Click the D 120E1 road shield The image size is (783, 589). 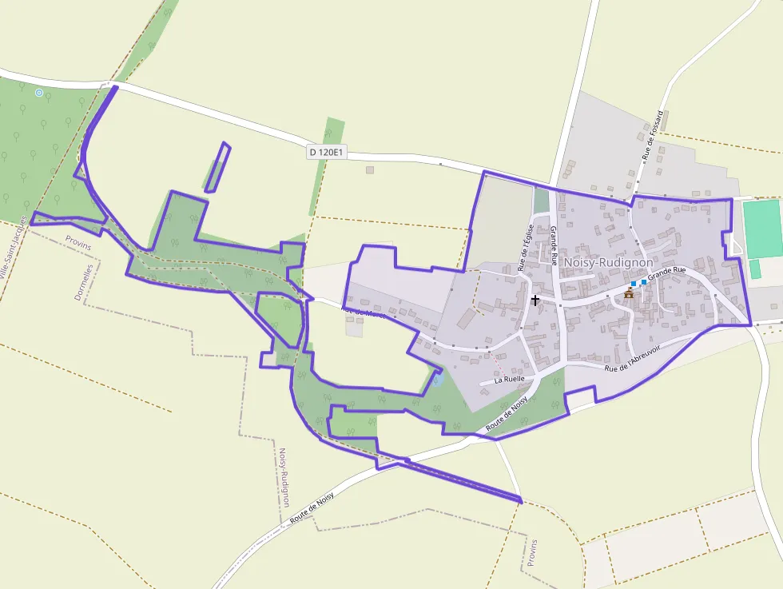pyautogui.click(x=327, y=151)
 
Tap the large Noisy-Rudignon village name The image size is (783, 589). pyautogui.click(x=609, y=262)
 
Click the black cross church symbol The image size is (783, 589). pyautogui.click(x=535, y=300)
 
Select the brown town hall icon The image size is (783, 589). pyautogui.click(x=630, y=293)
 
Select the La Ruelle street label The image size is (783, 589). pyautogui.click(x=509, y=379)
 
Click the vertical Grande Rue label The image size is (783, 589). pyautogui.click(x=553, y=245)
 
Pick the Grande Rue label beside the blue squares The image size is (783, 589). pyautogui.click(x=667, y=273)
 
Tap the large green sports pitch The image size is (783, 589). pyautogui.click(x=762, y=228)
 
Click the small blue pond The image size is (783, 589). pyautogui.click(x=436, y=380)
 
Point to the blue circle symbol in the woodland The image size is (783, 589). pyautogui.click(x=39, y=93)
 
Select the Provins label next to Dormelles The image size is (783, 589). pyautogui.click(x=78, y=242)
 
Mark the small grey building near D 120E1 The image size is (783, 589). pyautogui.click(x=370, y=169)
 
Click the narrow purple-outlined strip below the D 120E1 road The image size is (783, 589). pyautogui.click(x=217, y=168)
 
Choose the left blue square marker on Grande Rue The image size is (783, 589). pyautogui.click(x=634, y=284)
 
